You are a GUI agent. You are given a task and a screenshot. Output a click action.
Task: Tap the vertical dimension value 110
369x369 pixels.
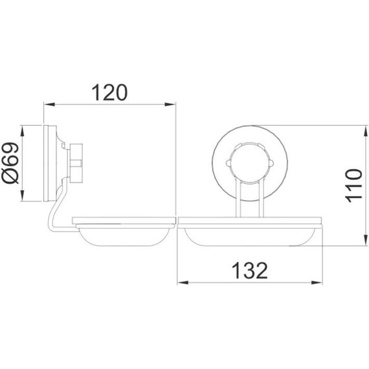click(352, 184)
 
